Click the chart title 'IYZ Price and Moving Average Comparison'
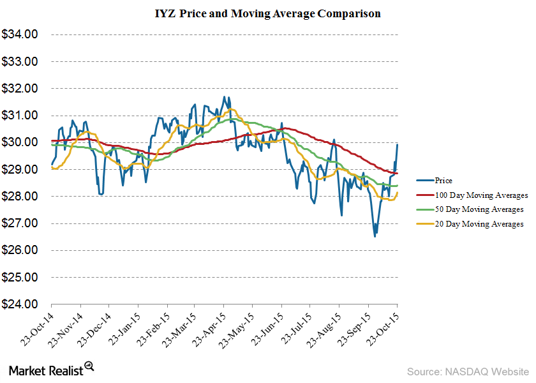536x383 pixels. click(x=267, y=13)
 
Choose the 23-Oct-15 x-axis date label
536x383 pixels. click(x=385, y=329)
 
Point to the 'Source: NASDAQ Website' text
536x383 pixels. click(x=468, y=370)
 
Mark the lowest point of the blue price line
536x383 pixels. click(x=375, y=237)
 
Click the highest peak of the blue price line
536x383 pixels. click(x=224, y=97)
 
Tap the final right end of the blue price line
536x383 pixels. click(x=398, y=144)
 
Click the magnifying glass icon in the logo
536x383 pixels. click(x=89, y=366)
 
